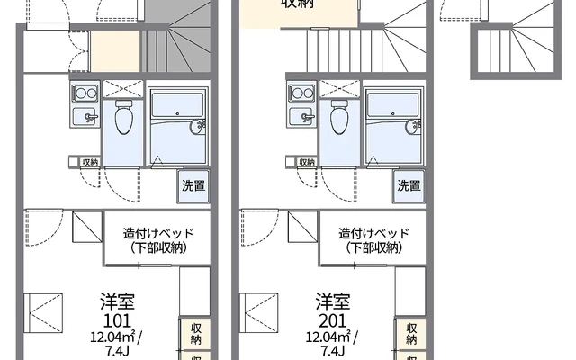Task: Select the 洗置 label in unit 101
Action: click(193, 186)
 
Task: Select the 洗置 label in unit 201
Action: click(409, 186)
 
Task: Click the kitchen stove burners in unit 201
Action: click(301, 92)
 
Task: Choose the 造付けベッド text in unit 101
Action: click(158, 233)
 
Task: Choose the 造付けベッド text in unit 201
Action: click(374, 233)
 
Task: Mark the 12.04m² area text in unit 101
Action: click(114, 336)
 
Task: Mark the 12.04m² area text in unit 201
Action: click(330, 336)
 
